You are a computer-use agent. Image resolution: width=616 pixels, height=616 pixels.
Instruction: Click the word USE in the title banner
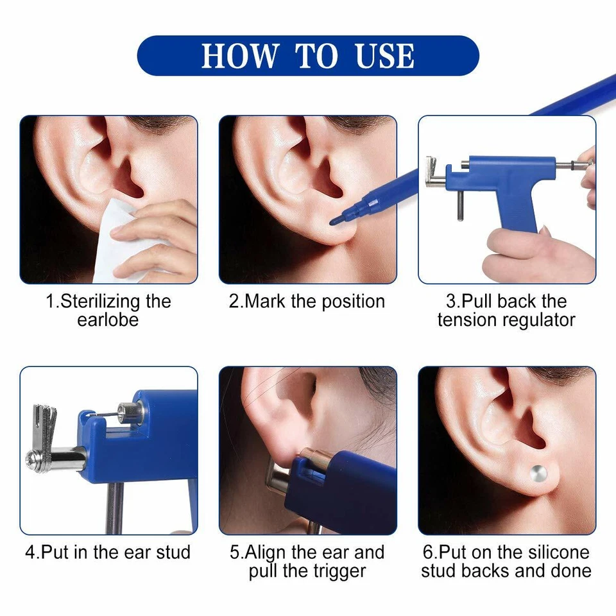pos(384,56)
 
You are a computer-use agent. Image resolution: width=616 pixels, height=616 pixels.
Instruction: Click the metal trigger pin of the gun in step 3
pos(461,209)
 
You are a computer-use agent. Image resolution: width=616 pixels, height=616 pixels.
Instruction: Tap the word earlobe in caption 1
pos(108,320)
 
